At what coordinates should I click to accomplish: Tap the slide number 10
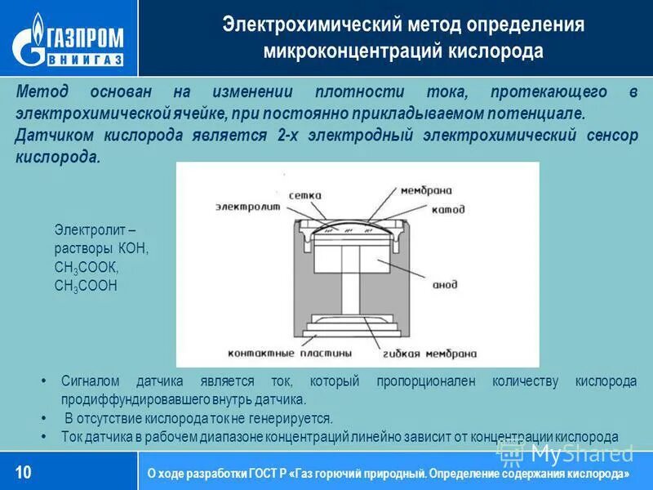(x=24, y=471)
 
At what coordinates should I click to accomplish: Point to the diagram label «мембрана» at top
(x=426, y=189)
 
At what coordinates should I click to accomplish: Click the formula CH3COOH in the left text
(x=86, y=285)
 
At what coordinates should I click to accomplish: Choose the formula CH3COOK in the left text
(x=87, y=267)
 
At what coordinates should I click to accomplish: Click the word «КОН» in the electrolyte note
(x=133, y=249)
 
